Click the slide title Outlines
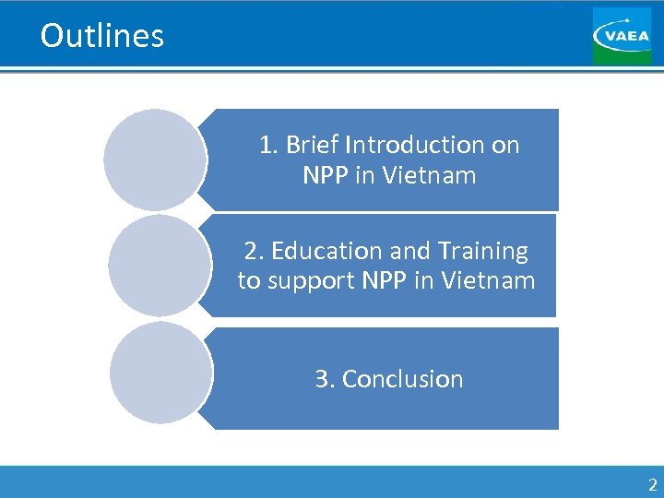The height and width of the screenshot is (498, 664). pyautogui.click(x=102, y=36)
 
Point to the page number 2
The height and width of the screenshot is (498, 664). pyautogui.click(x=652, y=485)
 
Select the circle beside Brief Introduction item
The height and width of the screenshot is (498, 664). pyautogui.click(x=154, y=160)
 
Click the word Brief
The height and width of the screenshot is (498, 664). pyautogui.click(x=312, y=145)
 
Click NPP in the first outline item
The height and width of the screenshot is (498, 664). pyautogui.click(x=324, y=174)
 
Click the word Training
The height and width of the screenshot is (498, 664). pyautogui.click(x=484, y=251)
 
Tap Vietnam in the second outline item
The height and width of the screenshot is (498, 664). pyautogui.click(x=488, y=280)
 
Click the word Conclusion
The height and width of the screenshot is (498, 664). pyautogui.click(x=402, y=379)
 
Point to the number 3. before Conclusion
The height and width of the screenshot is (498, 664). pyautogui.click(x=325, y=379)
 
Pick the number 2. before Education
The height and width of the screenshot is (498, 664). pyautogui.click(x=254, y=251)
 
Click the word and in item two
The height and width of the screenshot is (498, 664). pyautogui.click(x=409, y=251)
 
